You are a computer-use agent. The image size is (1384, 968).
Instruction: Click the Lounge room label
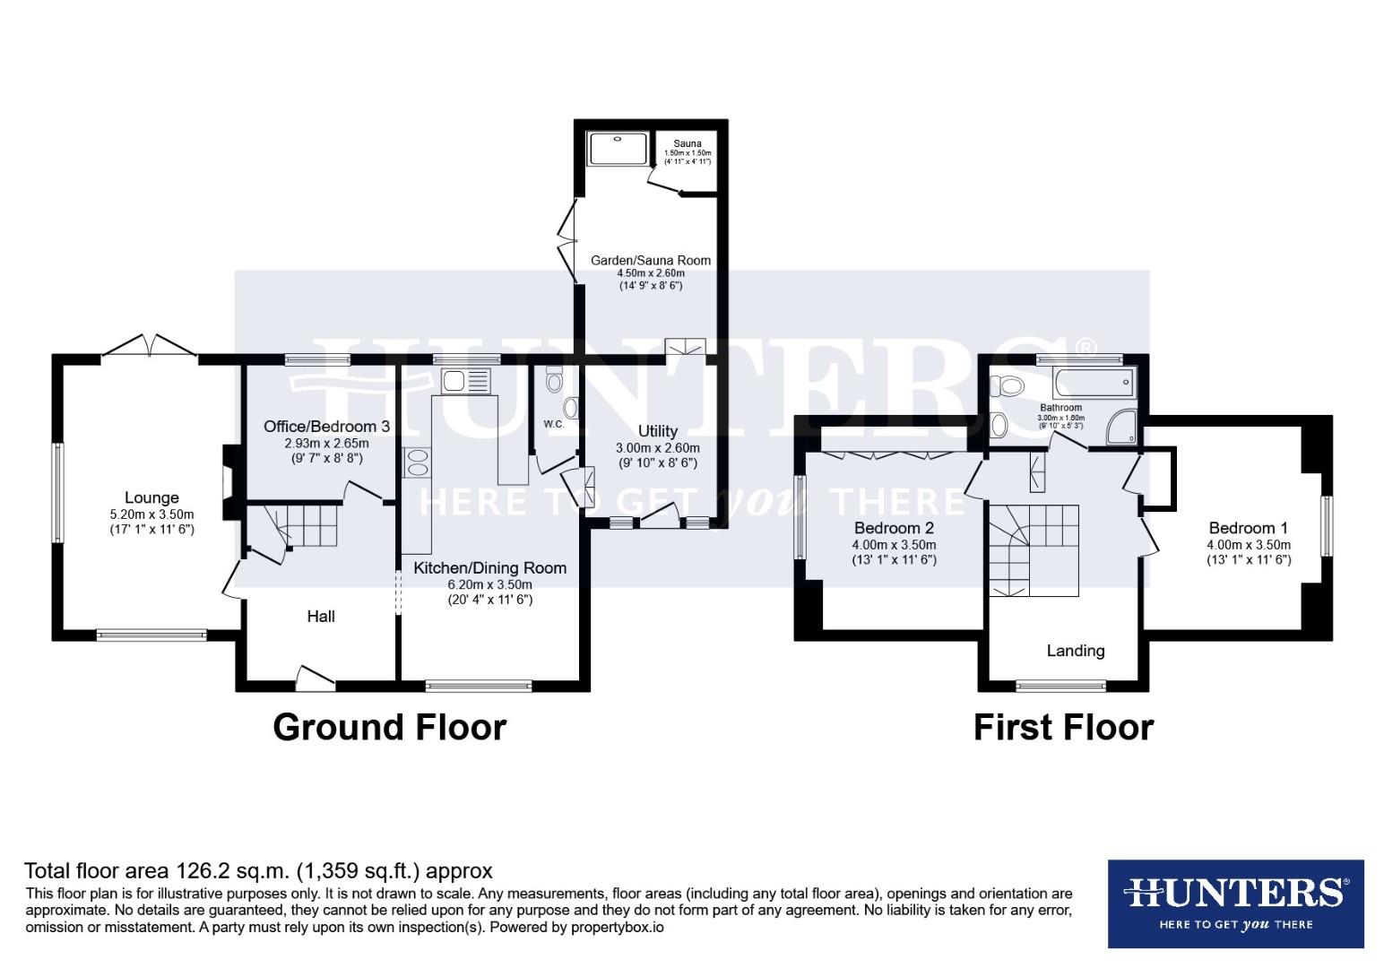[151, 497]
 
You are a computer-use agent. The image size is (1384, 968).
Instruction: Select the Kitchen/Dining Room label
[489, 567]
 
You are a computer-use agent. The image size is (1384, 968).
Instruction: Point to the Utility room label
[657, 431]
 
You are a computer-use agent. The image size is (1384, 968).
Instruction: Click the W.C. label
[553, 424]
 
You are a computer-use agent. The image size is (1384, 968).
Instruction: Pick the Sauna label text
[688, 143]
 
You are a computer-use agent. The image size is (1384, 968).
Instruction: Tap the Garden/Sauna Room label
[650, 261]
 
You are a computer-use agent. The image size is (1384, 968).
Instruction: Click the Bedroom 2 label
[894, 528]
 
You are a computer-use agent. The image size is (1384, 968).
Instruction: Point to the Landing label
[1075, 651]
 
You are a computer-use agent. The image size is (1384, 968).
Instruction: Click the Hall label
[321, 616]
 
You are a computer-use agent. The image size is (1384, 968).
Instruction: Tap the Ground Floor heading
[389, 727]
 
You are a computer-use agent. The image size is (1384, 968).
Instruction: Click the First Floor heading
[1063, 727]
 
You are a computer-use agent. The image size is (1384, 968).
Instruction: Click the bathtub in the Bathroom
[1094, 384]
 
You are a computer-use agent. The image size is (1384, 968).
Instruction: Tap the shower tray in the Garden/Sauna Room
[618, 149]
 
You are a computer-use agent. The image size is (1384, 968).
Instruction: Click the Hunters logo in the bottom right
[1235, 903]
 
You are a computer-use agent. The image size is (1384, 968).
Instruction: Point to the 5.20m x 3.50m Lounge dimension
[151, 514]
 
